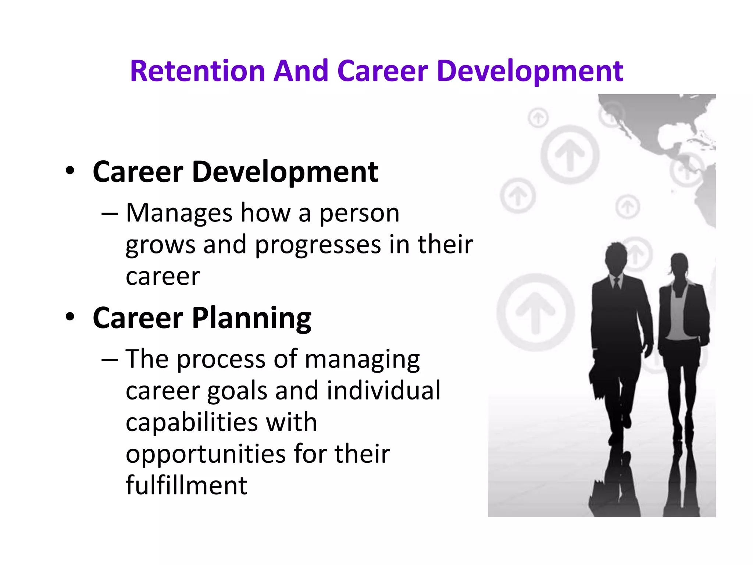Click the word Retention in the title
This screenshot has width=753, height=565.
[197, 71]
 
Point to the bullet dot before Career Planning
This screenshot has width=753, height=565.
[70, 317]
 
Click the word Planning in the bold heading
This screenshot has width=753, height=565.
[252, 319]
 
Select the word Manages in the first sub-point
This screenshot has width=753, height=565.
[179, 213]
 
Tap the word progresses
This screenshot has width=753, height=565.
[318, 245]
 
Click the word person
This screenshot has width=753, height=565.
[359, 214]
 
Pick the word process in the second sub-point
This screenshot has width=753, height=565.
[221, 359]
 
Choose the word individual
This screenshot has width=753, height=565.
[383, 391]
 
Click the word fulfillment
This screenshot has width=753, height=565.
[186, 486]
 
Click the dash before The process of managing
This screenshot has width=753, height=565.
[110, 360]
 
